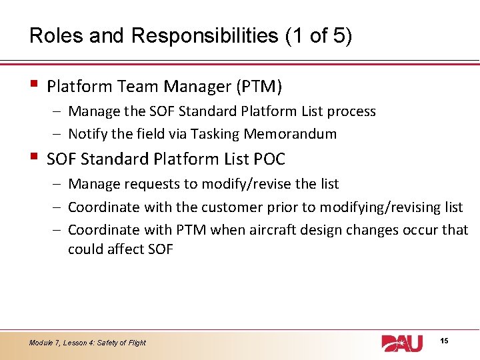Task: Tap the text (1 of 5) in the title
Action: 318,35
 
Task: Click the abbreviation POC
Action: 269,159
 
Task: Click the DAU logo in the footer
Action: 401,343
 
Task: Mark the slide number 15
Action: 445,341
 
